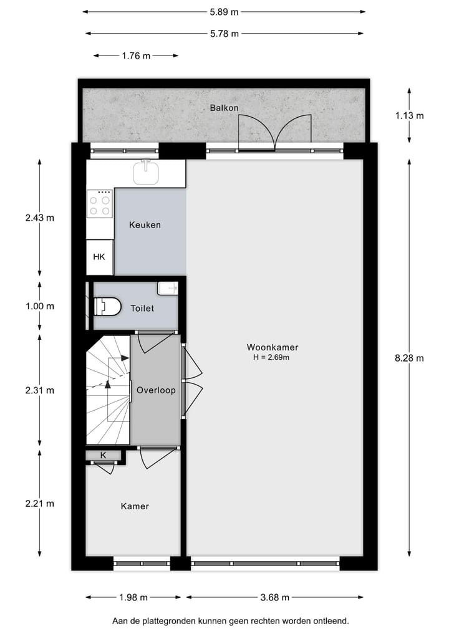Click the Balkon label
coord(224,108)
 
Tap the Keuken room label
coord(145,224)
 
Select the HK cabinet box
coord(99,257)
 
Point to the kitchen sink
coord(146,173)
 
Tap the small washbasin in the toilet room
coord(168,288)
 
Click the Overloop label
coord(156,390)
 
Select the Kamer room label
coord(135,506)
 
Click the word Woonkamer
coord(273,347)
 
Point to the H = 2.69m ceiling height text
coord(273,358)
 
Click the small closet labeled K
coord(104,456)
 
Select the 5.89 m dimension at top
coord(224,11)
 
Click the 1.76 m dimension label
coord(136,55)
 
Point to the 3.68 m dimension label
coord(274,597)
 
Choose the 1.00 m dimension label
coord(39,306)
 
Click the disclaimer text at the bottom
coord(230,620)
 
